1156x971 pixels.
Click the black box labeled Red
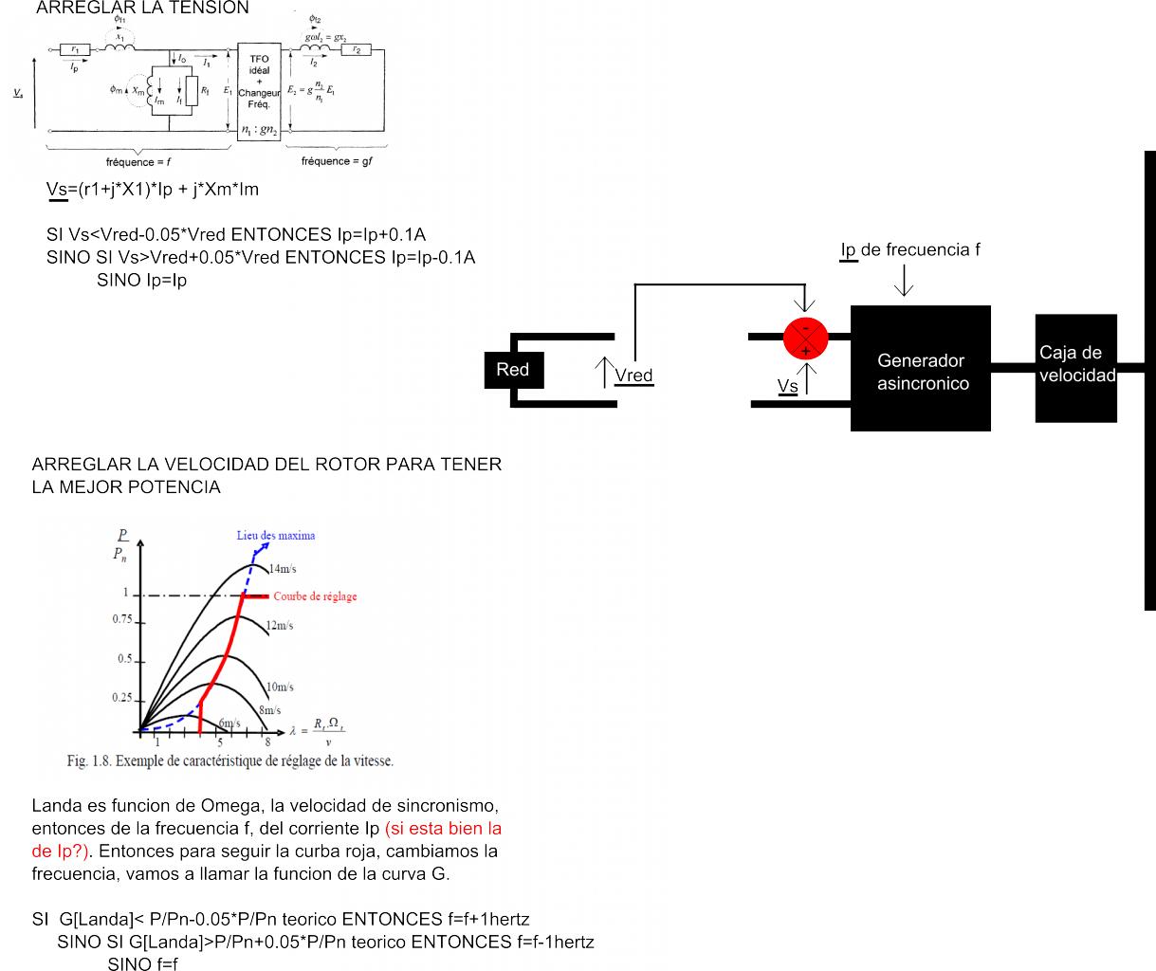pyautogui.click(x=513, y=370)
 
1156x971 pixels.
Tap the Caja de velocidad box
pyautogui.click(x=1076, y=366)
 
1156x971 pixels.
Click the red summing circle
pyautogui.click(x=806, y=339)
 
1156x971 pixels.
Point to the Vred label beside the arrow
pyautogui.click(x=633, y=376)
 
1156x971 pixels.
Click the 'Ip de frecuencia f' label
pyautogui.click(x=909, y=249)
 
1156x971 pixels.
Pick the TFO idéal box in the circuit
pyautogui.click(x=260, y=91)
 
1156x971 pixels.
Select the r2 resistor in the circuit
pyautogui.click(x=356, y=49)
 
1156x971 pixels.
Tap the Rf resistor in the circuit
pyautogui.click(x=193, y=90)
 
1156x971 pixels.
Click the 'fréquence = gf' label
pyautogui.click(x=337, y=161)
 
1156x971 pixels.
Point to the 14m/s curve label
pyautogui.click(x=282, y=569)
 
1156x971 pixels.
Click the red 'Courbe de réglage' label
pyautogui.click(x=315, y=596)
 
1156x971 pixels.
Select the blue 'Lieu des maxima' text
pyautogui.click(x=276, y=536)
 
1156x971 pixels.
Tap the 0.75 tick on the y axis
pyautogui.click(x=122, y=619)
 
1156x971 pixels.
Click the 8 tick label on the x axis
pyautogui.click(x=267, y=742)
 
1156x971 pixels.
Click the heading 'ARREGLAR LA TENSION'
pyautogui.click(x=142, y=8)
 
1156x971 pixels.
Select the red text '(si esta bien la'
pyautogui.click(x=443, y=828)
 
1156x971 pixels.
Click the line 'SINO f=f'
pyautogui.click(x=142, y=963)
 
